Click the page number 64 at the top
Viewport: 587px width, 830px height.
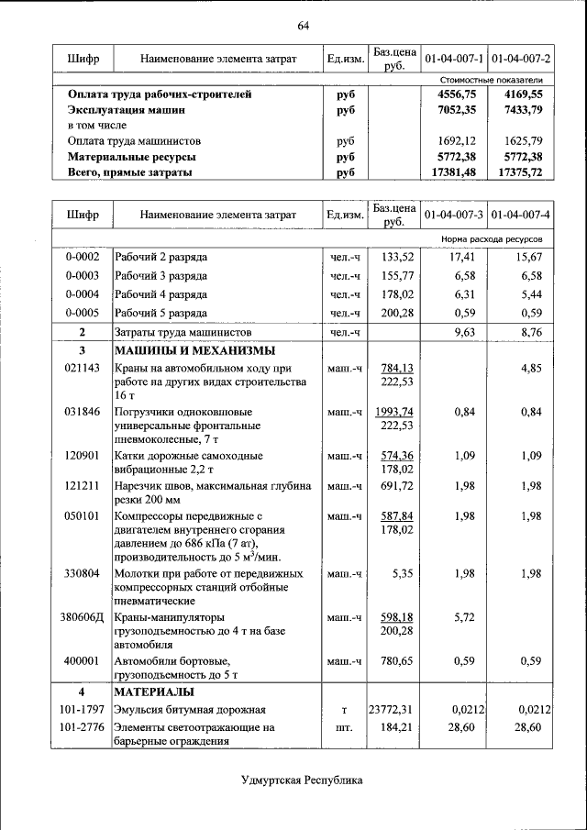[x=304, y=23]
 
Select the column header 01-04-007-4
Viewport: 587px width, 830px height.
[x=520, y=214]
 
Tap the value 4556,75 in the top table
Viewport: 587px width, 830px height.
[x=457, y=94]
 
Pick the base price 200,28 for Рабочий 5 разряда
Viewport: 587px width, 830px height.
[x=397, y=313]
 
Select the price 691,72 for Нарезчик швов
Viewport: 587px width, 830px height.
[x=397, y=486]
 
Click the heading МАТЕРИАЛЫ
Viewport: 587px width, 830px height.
[x=154, y=692]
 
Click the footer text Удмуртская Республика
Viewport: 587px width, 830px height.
[x=302, y=780]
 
